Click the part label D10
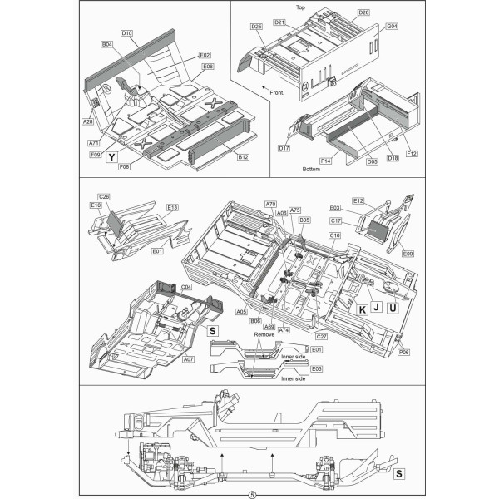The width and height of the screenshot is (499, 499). click(127, 32)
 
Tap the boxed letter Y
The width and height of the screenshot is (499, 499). click(112, 156)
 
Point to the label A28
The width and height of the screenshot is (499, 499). click(87, 121)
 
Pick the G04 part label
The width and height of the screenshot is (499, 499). click(391, 27)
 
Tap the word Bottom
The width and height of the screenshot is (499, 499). click(312, 168)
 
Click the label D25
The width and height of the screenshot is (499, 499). click(257, 27)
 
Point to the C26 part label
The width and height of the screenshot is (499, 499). click(104, 196)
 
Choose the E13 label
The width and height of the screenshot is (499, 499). click(173, 207)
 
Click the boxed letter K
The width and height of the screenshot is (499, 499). click(362, 309)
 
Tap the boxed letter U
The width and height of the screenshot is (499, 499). click(393, 309)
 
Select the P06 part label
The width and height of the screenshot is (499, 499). click(404, 352)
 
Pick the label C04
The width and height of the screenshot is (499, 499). click(186, 287)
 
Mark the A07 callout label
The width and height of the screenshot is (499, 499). click(189, 359)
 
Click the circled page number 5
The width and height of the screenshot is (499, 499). click(249, 492)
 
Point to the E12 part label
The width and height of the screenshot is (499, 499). click(358, 200)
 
